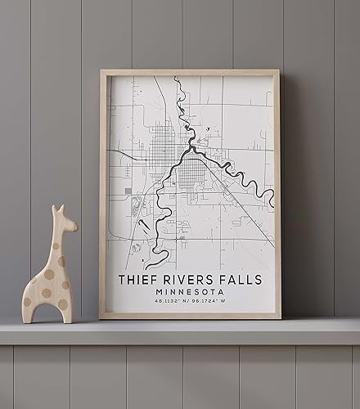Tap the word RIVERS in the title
point(190,280)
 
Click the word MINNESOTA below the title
point(190,292)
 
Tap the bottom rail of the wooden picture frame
point(190,315)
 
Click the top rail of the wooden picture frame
point(190,73)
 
